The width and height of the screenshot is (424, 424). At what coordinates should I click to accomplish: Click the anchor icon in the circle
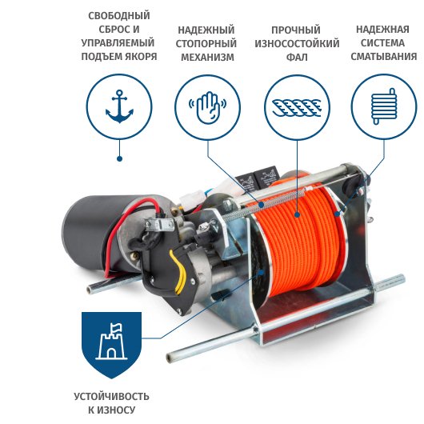(x=119, y=106)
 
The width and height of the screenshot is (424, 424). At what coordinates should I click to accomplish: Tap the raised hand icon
(x=207, y=107)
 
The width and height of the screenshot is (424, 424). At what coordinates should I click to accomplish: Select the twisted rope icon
(x=297, y=108)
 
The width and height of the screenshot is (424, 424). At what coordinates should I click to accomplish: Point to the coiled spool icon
(x=384, y=106)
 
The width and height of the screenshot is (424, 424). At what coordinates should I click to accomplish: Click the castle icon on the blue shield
(x=111, y=342)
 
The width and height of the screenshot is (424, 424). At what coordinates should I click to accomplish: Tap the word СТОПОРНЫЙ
(x=206, y=43)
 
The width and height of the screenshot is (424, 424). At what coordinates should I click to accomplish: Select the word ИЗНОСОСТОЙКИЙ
(x=297, y=43)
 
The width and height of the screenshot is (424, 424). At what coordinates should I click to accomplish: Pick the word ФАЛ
(x=297, y=57)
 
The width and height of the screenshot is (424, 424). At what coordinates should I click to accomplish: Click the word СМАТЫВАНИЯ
(x=384, y=56)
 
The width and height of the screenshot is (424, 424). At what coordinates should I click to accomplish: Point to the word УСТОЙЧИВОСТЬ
(x=111, y=397)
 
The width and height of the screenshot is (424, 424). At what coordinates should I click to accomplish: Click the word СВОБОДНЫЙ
(x=119, y=16)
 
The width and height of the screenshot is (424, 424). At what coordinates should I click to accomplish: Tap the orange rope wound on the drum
(x=299, y=241)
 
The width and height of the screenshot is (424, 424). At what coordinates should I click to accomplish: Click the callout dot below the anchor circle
(x=119, y=158)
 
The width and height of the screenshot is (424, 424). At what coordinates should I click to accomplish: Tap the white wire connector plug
(x=191, y=198)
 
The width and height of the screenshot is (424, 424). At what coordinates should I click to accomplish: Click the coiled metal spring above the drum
(x=268, y=202)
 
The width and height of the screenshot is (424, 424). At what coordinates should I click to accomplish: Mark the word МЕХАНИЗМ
(x=207, y=57)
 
